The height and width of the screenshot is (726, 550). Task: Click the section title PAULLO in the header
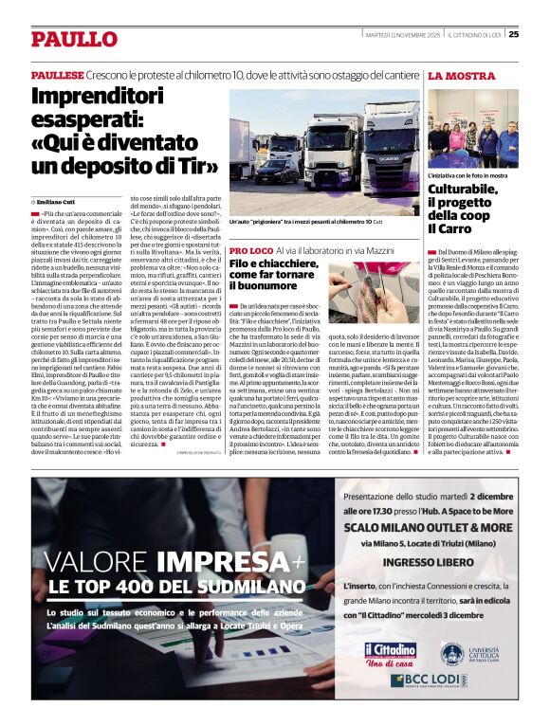pyautogui.click(x=73, y=39)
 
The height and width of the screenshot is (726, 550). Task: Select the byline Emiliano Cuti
pyautogui.click(x=58, y=202)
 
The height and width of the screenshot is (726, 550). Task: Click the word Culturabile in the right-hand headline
pyautogui.click(x=462, y=190)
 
